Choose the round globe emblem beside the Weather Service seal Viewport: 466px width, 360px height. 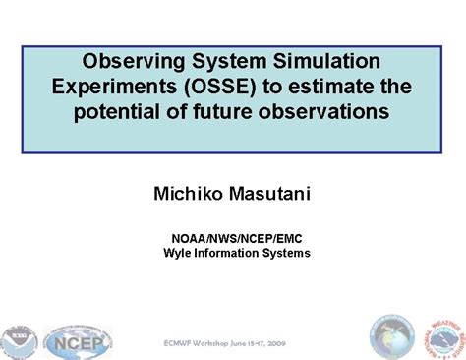(389, 337)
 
